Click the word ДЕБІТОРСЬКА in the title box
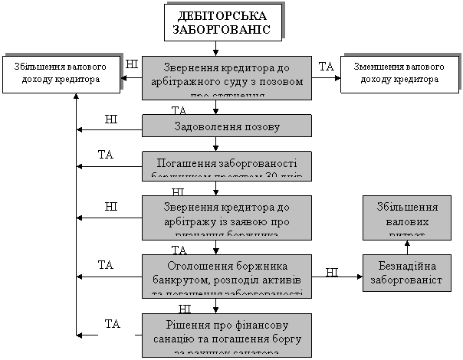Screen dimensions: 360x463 tap(222, 17)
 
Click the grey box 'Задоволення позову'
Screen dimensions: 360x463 tap(226, 126)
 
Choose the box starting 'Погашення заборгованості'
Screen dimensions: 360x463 tap(226, 165)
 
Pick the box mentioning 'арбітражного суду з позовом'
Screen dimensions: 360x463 tap(226, 77)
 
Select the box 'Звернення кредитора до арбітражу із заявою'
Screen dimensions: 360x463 tap(226, 218)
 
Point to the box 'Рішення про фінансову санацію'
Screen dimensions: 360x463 tap(226, 334)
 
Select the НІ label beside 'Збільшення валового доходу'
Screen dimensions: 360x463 tap(132, 64)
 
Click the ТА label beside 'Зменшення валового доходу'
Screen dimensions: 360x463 tap(327, 67)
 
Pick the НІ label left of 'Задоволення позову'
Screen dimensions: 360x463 tap(113, 120)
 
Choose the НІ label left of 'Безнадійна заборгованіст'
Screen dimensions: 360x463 tap(332, 272)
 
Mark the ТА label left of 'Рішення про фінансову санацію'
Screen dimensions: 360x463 tap(114, 324)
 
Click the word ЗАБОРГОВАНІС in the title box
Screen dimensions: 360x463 tap(222, 30)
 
